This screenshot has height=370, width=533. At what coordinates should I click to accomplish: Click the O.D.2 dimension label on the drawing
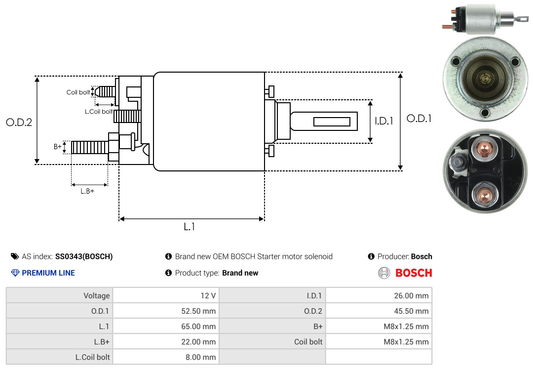pos(19,122)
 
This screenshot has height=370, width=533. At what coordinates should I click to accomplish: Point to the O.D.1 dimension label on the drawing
pos(419,119)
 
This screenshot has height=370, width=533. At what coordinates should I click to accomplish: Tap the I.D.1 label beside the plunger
pos(384,121)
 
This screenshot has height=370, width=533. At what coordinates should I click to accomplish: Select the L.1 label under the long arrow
pos(190,226)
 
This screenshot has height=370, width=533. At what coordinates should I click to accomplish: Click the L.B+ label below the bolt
pos(87,191)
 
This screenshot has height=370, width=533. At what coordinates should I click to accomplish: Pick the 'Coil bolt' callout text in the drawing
pos(78,92)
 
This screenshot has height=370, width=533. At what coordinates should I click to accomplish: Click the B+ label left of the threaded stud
pos(57,146)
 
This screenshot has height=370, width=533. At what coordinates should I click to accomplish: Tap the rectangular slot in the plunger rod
pos(332,122)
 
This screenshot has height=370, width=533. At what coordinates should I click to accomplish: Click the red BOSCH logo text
pos(414,273)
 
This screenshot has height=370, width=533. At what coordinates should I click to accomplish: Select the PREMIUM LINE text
pos(48,273)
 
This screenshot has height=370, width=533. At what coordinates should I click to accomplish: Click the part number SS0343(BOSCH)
pos(84,256)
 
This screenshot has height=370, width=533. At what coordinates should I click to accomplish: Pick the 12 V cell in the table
pos(166,295)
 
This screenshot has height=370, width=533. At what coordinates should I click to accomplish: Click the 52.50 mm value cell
pos(166,311)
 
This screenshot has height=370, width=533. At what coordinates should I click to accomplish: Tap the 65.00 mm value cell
pos(166,326)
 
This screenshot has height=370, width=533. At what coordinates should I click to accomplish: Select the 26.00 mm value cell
pos(379,295)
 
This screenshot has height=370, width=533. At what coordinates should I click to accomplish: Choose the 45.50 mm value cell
pos(379,311)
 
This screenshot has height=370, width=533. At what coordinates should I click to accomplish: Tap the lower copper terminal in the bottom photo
pos(485,196)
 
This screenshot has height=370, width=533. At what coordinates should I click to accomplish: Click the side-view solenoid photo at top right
pos(486,19)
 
